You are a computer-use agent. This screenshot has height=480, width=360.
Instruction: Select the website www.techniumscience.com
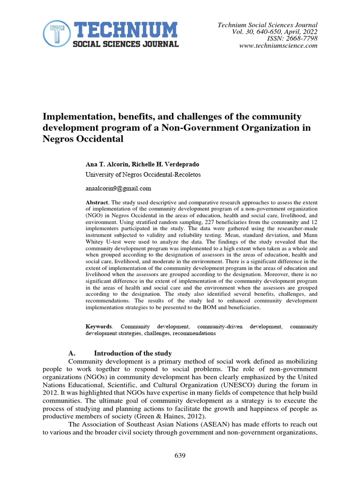(278, 45)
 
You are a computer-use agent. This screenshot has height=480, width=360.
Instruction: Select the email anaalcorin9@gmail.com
(118, 188)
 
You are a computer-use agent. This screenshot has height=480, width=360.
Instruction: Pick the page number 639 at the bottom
(180, 455)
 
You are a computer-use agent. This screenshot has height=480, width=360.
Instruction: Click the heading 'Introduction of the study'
(133, 353)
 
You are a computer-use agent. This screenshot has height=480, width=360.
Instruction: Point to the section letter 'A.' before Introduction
(72, 353)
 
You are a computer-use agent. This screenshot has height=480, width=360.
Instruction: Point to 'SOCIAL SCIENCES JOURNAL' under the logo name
(125, 44)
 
